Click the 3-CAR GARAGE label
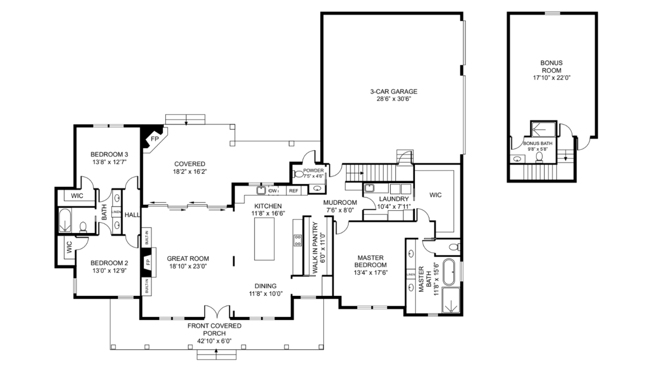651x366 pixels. coord(393,91)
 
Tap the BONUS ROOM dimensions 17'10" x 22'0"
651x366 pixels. coord(552,78)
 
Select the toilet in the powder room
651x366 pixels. coord(298,174)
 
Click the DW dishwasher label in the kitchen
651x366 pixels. coord(273,191)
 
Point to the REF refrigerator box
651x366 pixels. coord(293,191)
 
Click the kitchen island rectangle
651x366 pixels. coord(264,239)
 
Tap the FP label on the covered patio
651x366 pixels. coord(155,139)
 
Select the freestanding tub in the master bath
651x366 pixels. coord(450,272)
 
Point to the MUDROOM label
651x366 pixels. coord(340,202)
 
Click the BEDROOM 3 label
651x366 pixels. coord(109,154)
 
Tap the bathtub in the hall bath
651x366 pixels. coord(65,220)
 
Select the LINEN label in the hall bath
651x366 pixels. coord(116,212)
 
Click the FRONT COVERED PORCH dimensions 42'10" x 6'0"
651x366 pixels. coord(215,341)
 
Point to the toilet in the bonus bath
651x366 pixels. coord(539,157)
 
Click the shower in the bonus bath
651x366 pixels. coord(544,129)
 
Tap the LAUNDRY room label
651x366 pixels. coord(394,199)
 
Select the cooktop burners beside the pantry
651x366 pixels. coord(298,240)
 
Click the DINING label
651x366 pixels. coord(266,286)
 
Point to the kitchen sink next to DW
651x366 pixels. coord(261,190)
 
